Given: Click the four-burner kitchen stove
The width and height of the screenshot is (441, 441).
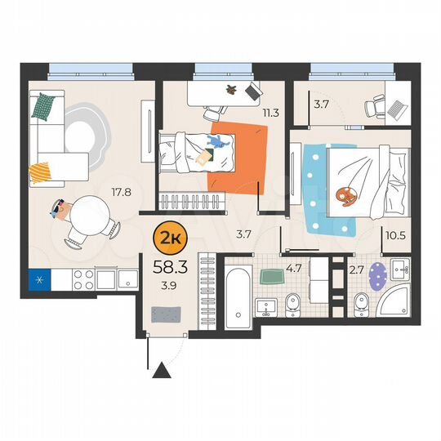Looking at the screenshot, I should pos(84,280).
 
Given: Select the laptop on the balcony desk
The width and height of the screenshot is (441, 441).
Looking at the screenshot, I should pos(395,108).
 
